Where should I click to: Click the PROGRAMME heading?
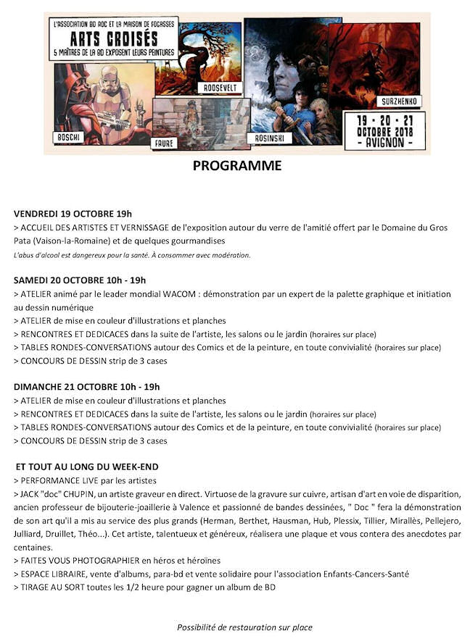tap(236, 166)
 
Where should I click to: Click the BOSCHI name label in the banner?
tap(67, 137)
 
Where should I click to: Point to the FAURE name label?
tap(164, 143)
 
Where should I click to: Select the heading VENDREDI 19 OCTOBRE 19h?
tap(73, 214)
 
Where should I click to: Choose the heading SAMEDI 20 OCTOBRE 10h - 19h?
tap(80, 280)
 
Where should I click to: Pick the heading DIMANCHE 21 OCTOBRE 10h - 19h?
tap(87, 387)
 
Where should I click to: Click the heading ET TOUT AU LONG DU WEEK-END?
tap(87, 467)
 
